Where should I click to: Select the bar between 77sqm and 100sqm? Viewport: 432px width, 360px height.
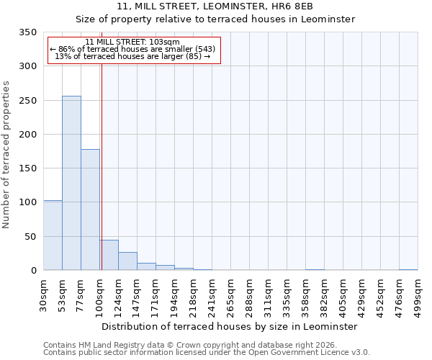coord(90,210)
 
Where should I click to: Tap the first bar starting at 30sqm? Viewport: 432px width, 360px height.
coord(53,235)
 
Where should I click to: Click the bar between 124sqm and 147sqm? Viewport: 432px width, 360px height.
coord(127,261)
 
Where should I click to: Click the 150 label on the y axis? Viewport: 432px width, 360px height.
coord(27,168)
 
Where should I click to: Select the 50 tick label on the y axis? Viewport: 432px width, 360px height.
coord(30,237)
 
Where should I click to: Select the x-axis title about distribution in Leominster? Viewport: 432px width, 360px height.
coord(230,326)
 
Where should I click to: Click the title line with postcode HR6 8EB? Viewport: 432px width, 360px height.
coord(215,6)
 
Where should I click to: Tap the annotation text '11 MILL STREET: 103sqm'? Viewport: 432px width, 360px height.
coord(132,42)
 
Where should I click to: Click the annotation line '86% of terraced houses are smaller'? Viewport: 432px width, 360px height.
coord(132,49)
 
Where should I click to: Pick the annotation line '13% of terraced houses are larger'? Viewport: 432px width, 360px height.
coord(132,56)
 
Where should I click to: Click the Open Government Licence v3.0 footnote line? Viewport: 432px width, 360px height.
coord(207,352)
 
